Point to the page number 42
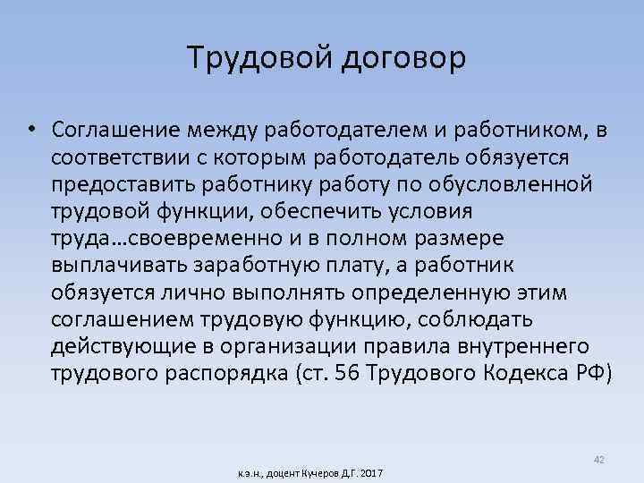(x=598, y=459)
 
